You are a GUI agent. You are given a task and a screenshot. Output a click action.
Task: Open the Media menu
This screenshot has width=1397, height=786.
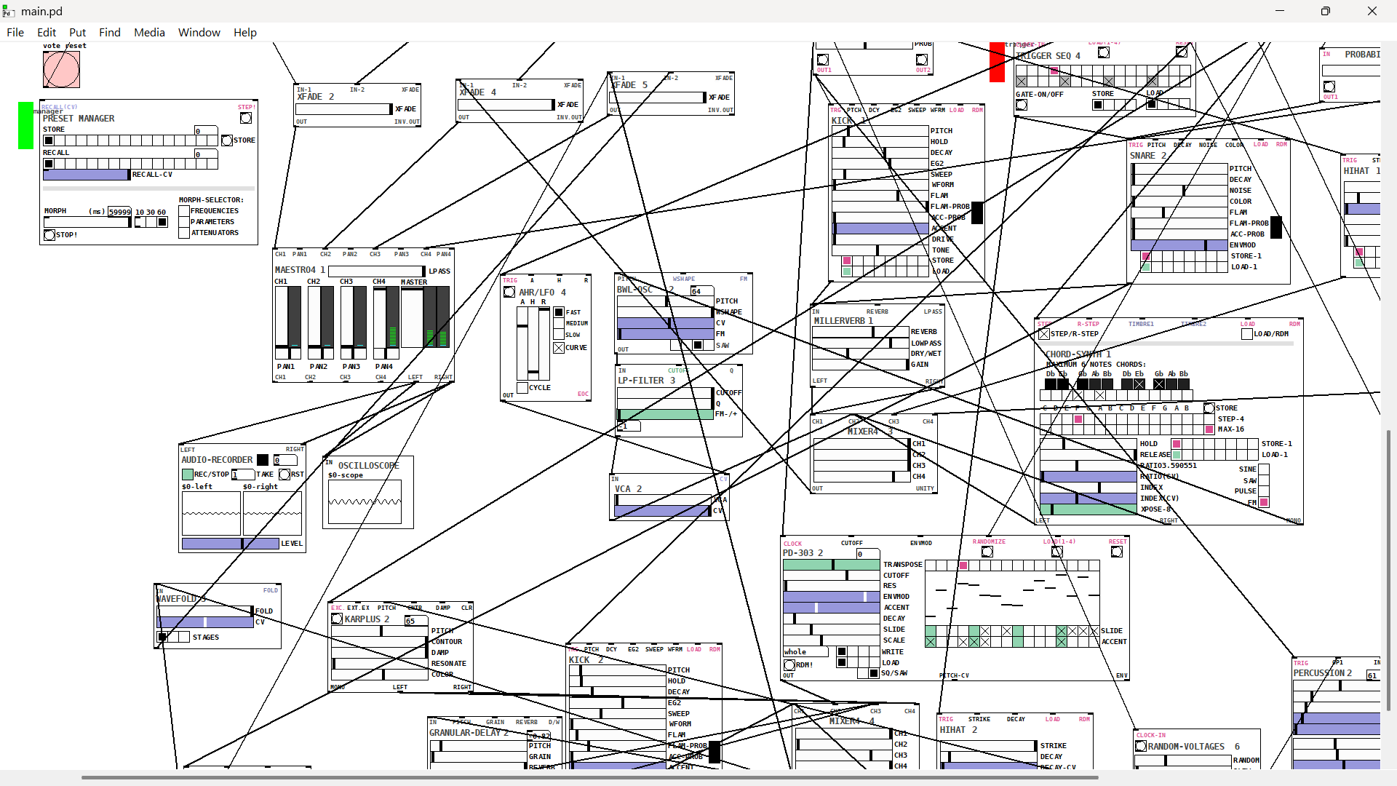tap(149, 32)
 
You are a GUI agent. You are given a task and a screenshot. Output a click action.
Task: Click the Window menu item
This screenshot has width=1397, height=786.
tap(199, 32)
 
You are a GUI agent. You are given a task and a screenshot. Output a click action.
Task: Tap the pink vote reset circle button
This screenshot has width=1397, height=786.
tap(61, 70)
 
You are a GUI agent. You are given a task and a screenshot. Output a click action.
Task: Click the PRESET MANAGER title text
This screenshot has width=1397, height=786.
tap(79, 119)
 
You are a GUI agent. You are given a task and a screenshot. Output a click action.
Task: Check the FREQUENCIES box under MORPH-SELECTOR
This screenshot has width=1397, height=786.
tap(184, 211)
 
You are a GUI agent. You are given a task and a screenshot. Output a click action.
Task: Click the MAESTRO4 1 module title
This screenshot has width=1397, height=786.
tap(300, 270)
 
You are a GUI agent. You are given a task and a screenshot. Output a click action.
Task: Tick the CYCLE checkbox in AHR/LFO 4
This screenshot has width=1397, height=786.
tap(522, 388)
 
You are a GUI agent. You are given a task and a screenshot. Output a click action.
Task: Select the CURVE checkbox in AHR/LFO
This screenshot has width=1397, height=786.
tap(559, 348)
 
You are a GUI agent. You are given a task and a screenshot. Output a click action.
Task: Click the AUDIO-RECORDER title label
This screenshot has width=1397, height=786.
tap(217, 460)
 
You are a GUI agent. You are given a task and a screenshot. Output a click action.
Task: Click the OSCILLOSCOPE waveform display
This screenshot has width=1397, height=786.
tap(365, 501)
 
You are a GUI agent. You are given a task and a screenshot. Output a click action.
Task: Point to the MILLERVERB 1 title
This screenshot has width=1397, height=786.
tap(843, 321)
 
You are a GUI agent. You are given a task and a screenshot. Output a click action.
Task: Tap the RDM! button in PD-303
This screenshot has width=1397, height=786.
tap(789, 665)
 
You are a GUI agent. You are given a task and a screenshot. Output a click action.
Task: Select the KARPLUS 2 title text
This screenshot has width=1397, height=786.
tap(367, 619)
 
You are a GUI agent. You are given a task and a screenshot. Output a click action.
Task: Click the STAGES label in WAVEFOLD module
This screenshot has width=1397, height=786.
tap(206, 638)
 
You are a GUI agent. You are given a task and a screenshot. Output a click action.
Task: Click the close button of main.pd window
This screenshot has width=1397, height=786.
tap(1372, 11)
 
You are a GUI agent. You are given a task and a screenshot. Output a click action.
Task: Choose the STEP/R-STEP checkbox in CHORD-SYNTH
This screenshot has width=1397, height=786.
tap(1045, 334)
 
